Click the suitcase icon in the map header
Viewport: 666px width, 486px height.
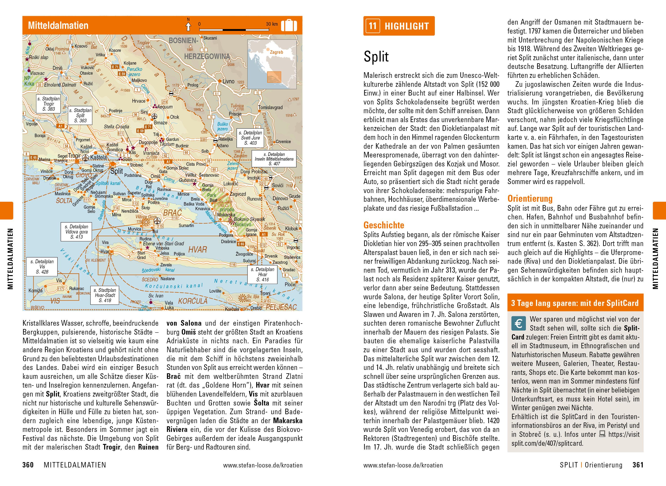point(289,25)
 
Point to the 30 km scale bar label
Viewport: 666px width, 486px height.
point(272,24)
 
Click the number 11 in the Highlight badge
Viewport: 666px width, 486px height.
point(373,26)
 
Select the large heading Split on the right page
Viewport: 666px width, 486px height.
point(376,57)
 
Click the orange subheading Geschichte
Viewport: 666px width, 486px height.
point(384,225)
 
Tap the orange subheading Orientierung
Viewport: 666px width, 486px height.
point(530,199)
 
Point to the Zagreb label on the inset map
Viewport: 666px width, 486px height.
point(276,52)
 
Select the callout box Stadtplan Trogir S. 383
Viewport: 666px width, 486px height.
point(49,104)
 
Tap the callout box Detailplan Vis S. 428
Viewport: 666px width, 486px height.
point(42,267)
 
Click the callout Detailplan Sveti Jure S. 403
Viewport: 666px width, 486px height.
point(250,138)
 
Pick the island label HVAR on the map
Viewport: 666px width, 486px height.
point(197,250)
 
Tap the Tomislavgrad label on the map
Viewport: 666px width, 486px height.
point(270,107)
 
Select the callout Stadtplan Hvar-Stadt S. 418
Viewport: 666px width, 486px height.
point(105,295)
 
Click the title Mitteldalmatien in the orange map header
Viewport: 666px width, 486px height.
point(58,25)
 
